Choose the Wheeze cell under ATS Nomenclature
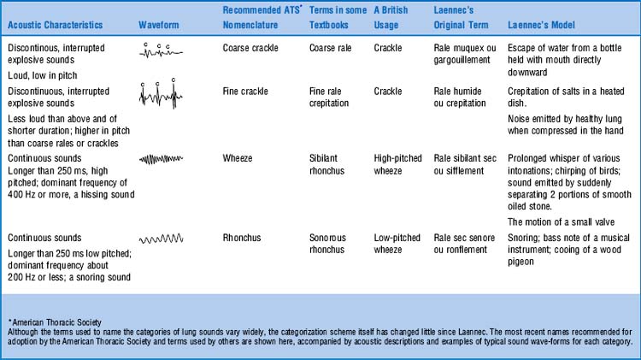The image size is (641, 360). point(238,158)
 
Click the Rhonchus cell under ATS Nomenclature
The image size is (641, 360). point(244,237)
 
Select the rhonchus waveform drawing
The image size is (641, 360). point(160,239)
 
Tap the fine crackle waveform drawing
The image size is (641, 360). point(159,91)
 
